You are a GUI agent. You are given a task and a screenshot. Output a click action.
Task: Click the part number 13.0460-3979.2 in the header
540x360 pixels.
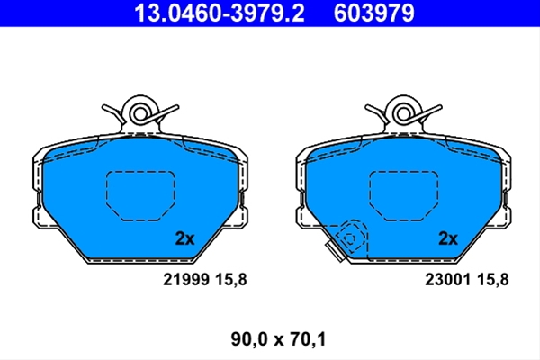220,13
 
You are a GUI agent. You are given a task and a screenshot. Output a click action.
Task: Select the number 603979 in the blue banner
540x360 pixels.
374,13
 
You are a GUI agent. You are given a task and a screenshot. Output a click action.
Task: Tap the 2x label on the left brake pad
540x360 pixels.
184,238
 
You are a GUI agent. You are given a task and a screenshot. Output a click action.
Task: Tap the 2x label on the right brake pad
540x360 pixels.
448,238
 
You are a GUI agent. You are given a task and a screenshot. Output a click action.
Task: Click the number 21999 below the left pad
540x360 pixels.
186,279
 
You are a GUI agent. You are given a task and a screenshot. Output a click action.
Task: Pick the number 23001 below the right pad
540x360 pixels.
447,279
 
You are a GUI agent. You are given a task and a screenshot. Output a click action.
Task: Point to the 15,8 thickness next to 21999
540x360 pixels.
231,279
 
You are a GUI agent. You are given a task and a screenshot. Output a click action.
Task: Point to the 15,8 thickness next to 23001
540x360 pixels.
493,279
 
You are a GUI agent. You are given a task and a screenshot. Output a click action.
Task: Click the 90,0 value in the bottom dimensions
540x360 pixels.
249,339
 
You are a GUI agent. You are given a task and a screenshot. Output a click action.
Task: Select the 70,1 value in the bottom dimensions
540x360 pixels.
308,339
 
